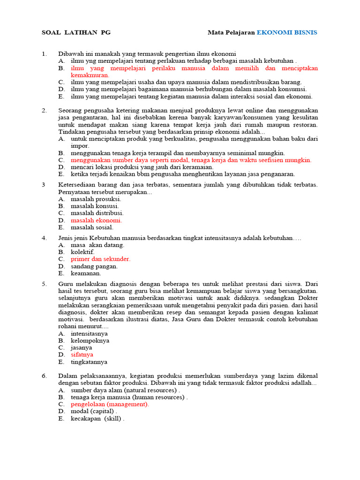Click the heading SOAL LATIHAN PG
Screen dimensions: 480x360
[x=76, y=32]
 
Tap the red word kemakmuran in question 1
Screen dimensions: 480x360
[x=90, y=75]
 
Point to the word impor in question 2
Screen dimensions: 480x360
[x=80, y=146]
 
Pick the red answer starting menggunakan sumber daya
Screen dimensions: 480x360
[x=191, y=160]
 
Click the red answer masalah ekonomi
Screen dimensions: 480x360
[x=96, y=220]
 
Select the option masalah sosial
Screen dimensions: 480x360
[x=92, y=227]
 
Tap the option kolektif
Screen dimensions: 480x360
[x=82, y=252]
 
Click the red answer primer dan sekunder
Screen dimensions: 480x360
[x=100, y=259]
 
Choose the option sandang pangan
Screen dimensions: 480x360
[x=94, y=266]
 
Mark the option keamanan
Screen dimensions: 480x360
[x=86, y=273]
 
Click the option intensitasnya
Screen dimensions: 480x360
[x=89, y=333]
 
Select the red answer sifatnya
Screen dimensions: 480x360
[x=82, y=355]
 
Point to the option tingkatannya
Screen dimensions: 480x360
[x=89, y=362]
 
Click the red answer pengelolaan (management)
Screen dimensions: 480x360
[x=110, y=404]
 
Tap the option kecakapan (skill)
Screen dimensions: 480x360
[x=97, y=419]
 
